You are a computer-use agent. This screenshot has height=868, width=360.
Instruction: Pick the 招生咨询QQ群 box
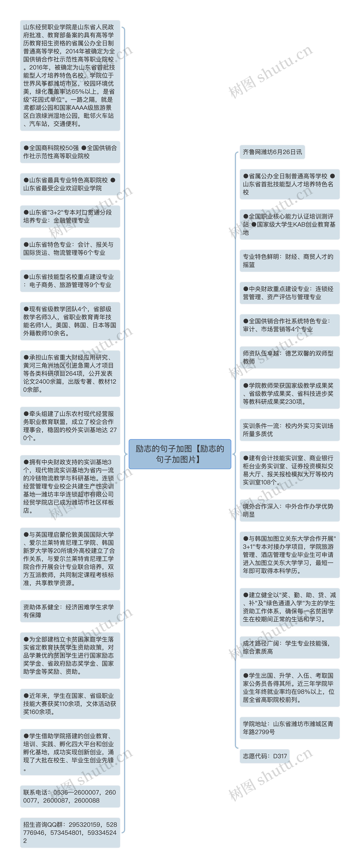click(x=70, y=832)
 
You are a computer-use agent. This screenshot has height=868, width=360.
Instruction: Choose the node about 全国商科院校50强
click(x=70, y=152)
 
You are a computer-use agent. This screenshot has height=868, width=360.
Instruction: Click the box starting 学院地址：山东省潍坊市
click(x=289, y=728)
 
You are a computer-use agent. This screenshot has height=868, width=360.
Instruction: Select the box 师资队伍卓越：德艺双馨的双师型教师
click(x=289, y=357)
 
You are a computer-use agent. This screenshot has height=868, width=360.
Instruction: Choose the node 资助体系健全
click(x=70, y=611)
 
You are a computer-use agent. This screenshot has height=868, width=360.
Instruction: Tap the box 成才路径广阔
click(x=289, y=647)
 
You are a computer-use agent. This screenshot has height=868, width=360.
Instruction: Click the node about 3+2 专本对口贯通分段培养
click(x=70, y=216)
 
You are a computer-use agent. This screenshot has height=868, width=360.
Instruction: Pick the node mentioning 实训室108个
click(x=289, y=470)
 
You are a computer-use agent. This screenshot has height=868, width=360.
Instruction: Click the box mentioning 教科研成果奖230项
click(x=289, y=394)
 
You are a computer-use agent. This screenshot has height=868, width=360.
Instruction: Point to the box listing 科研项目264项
click(x=70, y=373)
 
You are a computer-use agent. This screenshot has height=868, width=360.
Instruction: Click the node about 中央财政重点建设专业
click(x=289, y=293)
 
